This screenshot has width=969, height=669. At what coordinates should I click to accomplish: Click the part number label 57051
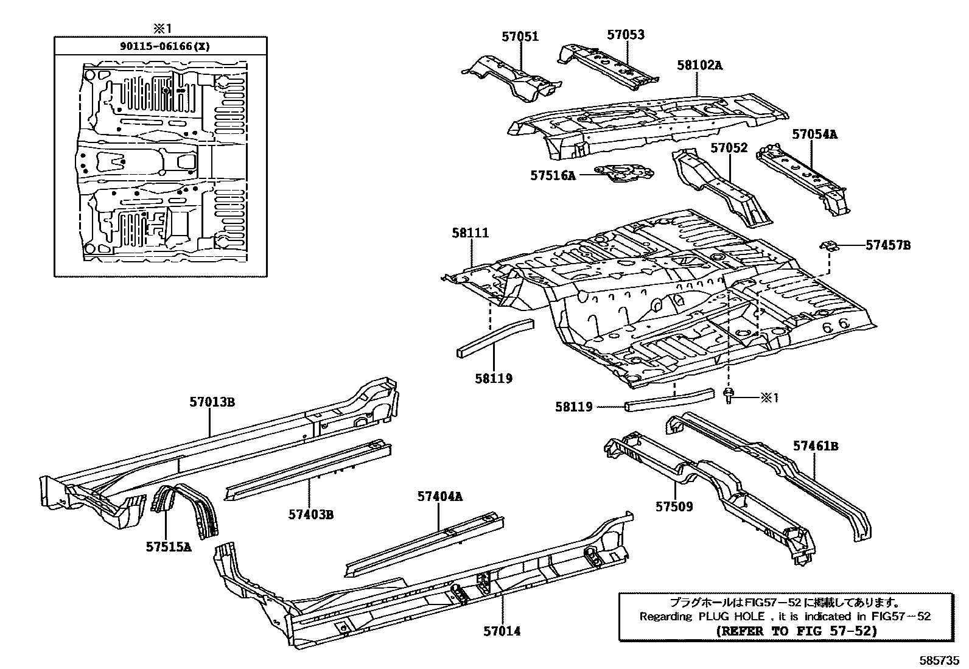(x=520, y=37)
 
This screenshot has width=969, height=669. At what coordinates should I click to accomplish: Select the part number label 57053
(x=625, y=35)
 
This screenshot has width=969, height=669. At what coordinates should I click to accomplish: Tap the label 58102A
(x=699, y=65)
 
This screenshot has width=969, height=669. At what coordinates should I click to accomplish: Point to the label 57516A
(x=552, y=175)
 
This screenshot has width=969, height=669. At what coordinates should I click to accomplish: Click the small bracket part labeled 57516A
(x=624, y=173)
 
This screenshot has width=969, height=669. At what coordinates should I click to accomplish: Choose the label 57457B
(x=888, y=245)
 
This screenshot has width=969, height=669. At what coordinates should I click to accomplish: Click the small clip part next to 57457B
(x=830, y=245)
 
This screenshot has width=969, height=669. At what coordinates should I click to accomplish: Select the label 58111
(x=470, y=233)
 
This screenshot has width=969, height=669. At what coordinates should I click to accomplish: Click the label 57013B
(x=212, y=402)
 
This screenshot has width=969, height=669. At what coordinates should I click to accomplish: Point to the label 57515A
(x=168, y=547)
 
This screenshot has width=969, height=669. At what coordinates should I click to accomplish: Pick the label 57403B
(x=311, y=515)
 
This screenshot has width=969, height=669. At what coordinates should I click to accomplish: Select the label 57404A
(x=439, y=497)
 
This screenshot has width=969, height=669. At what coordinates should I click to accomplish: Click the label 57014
(x=502, y=631)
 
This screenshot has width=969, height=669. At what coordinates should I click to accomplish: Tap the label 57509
(x=674, y=506)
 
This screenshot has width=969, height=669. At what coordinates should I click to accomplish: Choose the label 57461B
(x=815, y=446)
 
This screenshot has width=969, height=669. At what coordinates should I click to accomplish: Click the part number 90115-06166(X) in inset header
(x=161, y=46)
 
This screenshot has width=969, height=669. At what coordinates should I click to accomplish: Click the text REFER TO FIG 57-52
(x=797, y=631)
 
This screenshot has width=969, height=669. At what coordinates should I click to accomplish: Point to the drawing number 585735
(x=939, y=660)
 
